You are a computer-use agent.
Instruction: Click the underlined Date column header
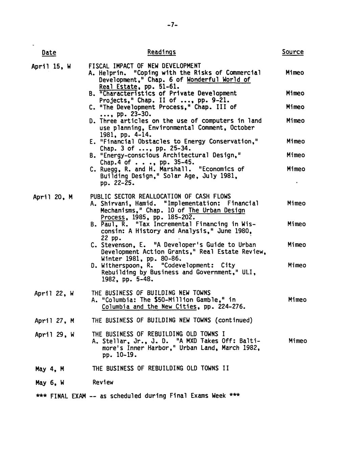pos(49,52)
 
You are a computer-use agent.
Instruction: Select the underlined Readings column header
pos(161,52)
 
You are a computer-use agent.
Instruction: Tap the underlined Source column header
pos(293,52)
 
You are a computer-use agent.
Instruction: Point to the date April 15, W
pos(51,66)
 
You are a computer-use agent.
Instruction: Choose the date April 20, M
pos(53,197)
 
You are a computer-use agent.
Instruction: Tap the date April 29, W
pos(54,335)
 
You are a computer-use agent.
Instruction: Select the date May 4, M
pos(50,369)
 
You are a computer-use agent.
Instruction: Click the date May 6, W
pos(50,383)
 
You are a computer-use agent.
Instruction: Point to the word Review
pos(103,382)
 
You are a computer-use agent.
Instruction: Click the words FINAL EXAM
pos(68,396)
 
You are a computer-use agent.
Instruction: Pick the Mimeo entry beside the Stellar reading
pos(298,341)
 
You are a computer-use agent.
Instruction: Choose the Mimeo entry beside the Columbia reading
pos(297,299)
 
